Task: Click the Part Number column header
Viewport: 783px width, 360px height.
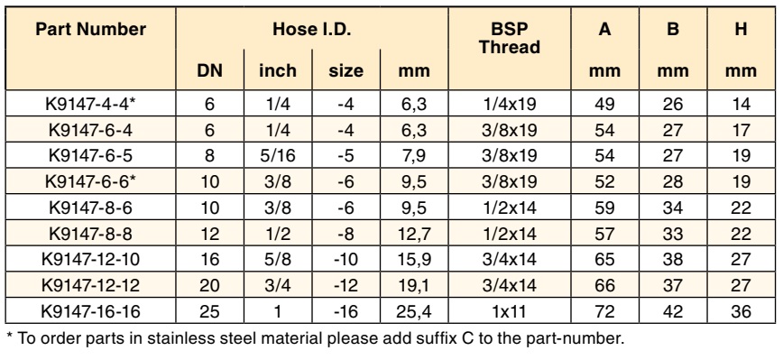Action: pos(90,29)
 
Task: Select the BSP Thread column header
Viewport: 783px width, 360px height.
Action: pos(510,38)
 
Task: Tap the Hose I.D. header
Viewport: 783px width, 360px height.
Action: pos(312,29)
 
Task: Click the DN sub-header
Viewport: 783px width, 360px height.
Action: pos(209,70)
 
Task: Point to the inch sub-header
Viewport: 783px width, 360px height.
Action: pos(278,70)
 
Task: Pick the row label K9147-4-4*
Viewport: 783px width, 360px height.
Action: pos(90,104)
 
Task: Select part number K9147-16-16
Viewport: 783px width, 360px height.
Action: pos(90,311)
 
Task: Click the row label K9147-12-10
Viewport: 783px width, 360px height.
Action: pos(90,260)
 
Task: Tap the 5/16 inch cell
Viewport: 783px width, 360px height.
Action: pos(278,156)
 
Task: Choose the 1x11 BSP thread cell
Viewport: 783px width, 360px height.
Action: pos(510,311)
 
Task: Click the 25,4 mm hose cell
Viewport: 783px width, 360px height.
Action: pos(414,311)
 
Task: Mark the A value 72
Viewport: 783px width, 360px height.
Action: pos(604,311)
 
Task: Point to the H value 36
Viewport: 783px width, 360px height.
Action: pos(742,311)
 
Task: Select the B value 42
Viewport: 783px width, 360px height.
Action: pos(673,311)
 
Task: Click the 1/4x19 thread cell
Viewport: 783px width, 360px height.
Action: pos(510,104)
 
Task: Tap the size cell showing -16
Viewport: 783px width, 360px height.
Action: pos(345,311)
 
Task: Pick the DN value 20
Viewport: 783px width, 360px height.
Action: pos(209,286)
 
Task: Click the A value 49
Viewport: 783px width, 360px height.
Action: pos(604,104)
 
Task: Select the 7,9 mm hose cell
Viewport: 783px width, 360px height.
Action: pos(414,156)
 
